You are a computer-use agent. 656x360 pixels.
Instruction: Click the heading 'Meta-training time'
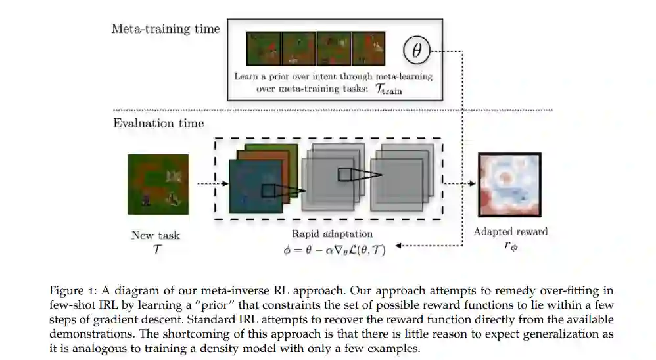[x=166, y=28]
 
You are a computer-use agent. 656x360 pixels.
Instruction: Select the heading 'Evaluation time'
[x=158, y=123]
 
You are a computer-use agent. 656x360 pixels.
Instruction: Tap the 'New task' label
[x=155, y=235]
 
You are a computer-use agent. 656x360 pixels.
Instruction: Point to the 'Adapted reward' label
[x=511, y=231]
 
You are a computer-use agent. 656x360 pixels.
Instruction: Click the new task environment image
[x=158, y=185]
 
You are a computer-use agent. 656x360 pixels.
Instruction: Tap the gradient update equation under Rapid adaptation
[x=331, y=250]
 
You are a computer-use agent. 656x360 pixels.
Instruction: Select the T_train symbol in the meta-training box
[x=388, y=90]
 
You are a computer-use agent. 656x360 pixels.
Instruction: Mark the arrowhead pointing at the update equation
[x=397, y=246]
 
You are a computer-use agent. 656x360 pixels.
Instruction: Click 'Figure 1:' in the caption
[x=71, y=290]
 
